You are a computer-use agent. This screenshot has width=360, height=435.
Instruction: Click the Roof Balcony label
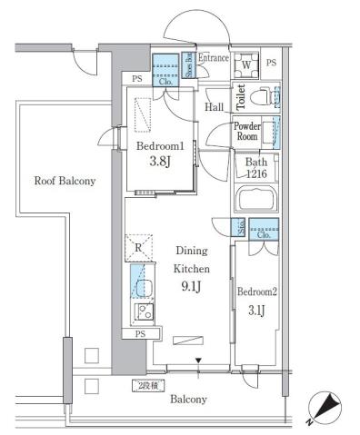tap(65, 181)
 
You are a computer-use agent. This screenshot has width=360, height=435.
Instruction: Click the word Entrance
tap(214, 57)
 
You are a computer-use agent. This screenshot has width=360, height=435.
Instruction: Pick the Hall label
tap(215, 107)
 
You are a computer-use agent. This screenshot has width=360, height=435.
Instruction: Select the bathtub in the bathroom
tap(258, 200)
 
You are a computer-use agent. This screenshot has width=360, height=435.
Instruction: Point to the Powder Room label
tap(247, 132)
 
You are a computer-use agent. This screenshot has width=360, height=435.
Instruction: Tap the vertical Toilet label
tap(241, 96)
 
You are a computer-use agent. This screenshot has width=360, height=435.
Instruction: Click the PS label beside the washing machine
tap(272, 62)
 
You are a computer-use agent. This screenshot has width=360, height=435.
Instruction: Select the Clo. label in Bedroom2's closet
tap(263, 233)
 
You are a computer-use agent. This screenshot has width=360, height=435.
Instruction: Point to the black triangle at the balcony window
tap(199, 361)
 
